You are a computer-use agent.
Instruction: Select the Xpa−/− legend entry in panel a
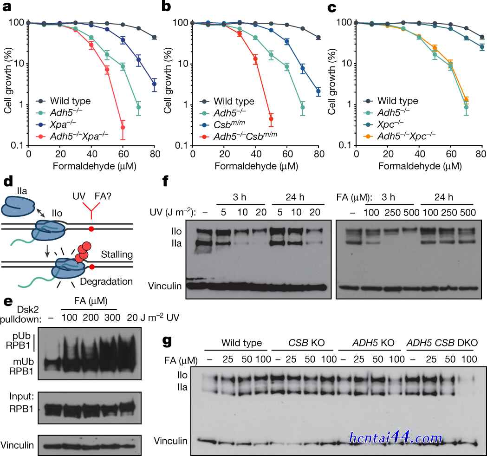[x=56, y=124]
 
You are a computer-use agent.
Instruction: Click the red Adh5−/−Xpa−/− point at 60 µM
[x=123, y=127]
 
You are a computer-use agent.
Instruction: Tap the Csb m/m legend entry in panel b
[x=222, y=124]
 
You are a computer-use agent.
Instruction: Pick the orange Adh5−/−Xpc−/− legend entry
[x=400, y=136]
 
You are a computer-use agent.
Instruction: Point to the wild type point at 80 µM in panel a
[x=154, y=37]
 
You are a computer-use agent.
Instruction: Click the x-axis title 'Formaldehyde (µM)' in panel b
[x=256, y=166]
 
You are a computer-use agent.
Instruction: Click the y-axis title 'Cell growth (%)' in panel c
[x=331, y=82]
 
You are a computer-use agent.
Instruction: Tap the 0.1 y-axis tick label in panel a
[x=17, y=145]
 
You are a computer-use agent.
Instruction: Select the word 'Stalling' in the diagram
[x=117, y=255]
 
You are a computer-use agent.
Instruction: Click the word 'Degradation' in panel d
[x=106, y=281]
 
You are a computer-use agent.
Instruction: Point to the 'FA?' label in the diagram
[x=103, y=196]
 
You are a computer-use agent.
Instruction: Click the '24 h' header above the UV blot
[x=295, y=197]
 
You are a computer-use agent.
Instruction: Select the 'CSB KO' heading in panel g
[x=306, y=343]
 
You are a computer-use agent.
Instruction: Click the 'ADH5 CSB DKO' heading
[x=442, y=343]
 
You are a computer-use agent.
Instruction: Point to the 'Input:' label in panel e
[x=21, y=397]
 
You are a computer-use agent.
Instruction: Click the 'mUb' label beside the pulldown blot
[x=23, y=362]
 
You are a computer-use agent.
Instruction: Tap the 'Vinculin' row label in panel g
[x=170, y=441]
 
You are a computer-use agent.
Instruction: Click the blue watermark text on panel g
[x=396, y=438]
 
